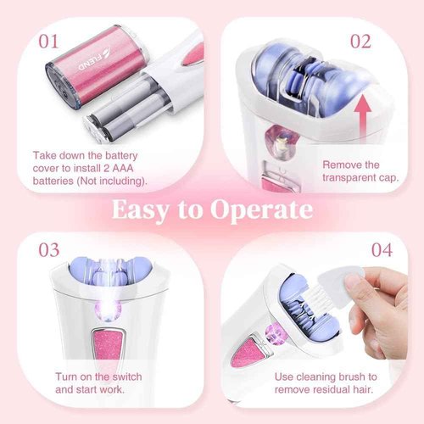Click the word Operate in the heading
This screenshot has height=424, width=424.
[x=265, y=209]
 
